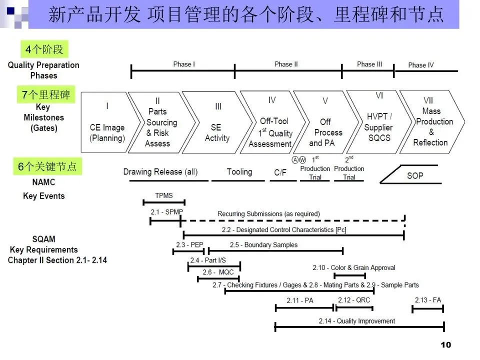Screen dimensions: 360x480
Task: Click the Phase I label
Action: [184, 64]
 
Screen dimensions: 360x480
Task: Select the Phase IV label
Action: [420, 65]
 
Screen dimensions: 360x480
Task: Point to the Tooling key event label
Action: [239, 172]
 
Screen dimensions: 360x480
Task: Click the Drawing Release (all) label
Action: [160, 172]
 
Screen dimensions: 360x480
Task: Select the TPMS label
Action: [164, 196]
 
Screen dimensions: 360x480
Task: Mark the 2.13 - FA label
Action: [428, 300]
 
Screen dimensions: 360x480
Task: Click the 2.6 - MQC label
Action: [218, 272]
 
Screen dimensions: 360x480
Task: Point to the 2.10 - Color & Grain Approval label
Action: [354, 268]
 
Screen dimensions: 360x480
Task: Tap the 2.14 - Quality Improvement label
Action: [357, 321]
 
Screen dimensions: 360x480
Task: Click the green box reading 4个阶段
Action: [43, 49]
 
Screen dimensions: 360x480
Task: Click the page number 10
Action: [446, 345]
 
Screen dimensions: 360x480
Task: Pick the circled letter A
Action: [295, 160]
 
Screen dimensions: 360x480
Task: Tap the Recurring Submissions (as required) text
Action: [268, 214]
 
